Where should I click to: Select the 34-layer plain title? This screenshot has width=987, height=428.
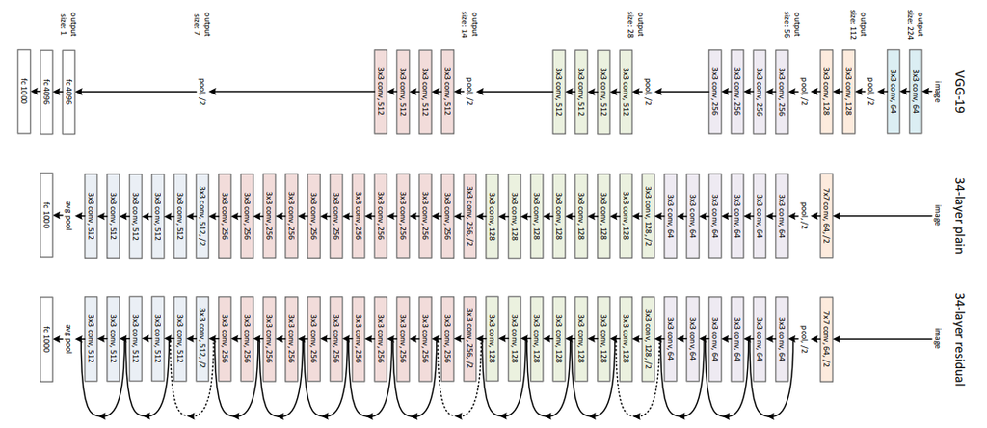click(960, 203)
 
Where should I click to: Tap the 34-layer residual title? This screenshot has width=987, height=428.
click(960, 337)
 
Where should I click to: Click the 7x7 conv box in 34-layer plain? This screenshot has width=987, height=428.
click(826, 207)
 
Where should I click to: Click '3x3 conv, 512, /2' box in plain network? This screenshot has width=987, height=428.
click(202, 207)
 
